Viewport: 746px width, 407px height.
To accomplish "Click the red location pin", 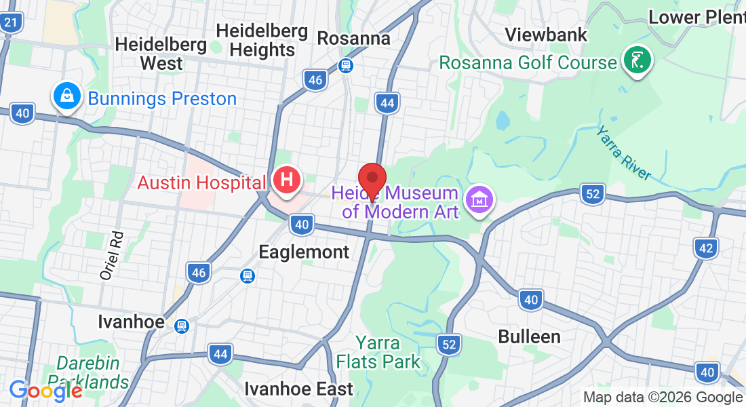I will pyautogui.click(x=372, y=180).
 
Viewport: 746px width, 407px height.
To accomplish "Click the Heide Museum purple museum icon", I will pyautogui.click(x=479, y=200).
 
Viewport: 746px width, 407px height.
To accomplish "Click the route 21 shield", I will pyautogui.click(x=11, y=23).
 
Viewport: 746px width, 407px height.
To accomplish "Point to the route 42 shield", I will pyautogui.click(x=706, y=248).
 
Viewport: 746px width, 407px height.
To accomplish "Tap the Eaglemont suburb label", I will pyautogui.click(x=304, y=252).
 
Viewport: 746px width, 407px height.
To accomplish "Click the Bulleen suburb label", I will pyautogui.click(x=529, y=336).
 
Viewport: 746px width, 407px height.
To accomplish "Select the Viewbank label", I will pyautogui.click(x=546, y=35).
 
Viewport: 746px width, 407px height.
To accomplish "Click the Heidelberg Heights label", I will pyautogui.click(x=262, y=41).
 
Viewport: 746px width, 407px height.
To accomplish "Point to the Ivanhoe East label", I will pyautogui.click(x=298, y=389).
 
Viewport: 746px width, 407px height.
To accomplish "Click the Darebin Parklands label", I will pyautogui.click(x=93, y=372).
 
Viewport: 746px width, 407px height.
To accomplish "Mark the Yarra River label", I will pyautogui.click(x=624, y=153).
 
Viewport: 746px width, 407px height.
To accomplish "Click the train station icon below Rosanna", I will pyautogui.click(x=346, y=66).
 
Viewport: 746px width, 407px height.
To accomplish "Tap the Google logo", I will pyautogui.click(x=45, y=391).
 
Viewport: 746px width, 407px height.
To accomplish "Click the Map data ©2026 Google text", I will pyautogui.click(x=663, y=398).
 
